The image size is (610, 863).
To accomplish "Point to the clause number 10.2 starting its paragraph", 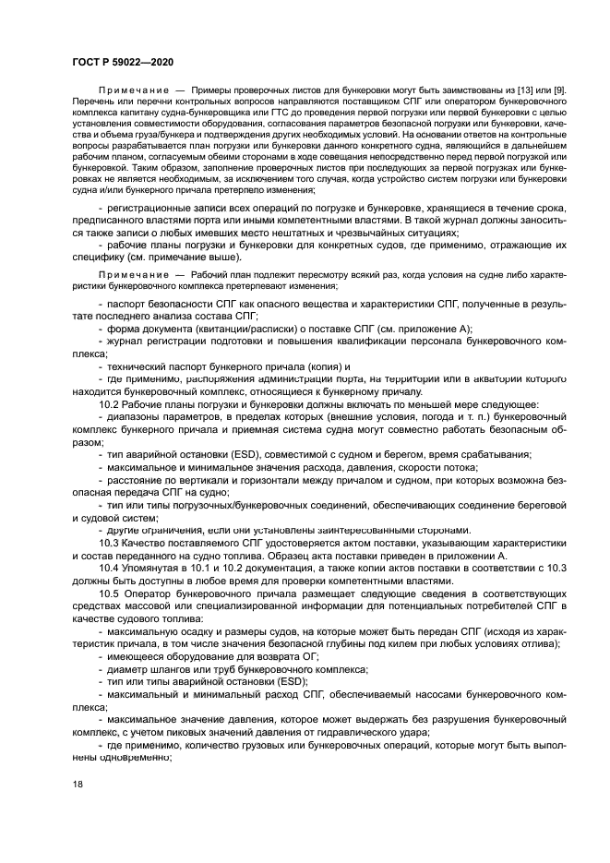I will point(108,404).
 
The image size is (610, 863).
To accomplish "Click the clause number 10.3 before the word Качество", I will point(108,542).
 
